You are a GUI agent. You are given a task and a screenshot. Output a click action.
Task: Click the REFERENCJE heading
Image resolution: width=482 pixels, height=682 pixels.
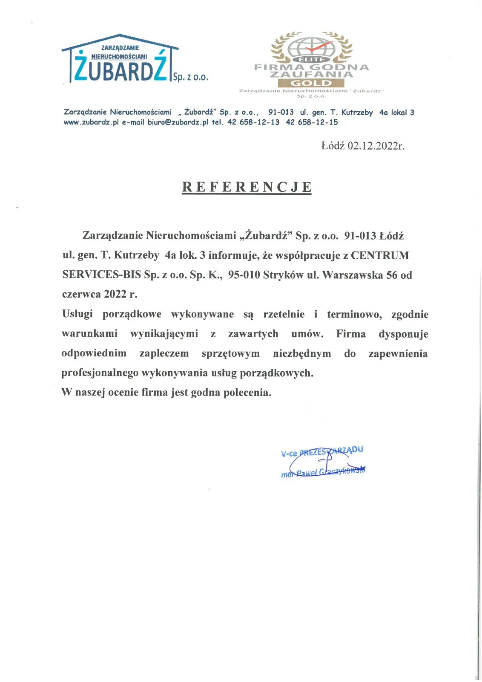pos(247,187)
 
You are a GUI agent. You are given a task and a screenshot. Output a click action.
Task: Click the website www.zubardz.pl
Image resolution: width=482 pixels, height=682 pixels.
pos(91,122)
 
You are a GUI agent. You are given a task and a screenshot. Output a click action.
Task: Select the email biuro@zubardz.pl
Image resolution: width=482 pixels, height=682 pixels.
pos(178,122)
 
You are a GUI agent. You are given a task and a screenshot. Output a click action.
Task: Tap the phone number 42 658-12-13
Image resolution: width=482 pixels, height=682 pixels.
pos(253,122)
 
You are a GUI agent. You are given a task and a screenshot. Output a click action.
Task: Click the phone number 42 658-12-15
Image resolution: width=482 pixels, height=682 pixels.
pos(312,122)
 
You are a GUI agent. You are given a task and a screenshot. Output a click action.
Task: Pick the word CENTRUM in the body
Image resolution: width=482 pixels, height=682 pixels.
pos(380,255)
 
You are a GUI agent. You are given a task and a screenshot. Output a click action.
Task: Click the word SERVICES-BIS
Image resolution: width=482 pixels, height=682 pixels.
pos(101,275)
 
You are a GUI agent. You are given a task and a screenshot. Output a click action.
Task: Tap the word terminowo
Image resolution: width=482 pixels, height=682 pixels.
pos(354,315)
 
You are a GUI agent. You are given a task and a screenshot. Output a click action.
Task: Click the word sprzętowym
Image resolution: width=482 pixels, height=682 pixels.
pos(230,354)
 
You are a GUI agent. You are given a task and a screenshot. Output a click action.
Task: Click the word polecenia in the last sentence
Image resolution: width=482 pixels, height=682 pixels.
pos(251,393)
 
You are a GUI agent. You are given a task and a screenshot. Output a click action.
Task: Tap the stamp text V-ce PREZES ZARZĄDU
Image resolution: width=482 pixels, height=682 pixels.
pos(322,451)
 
